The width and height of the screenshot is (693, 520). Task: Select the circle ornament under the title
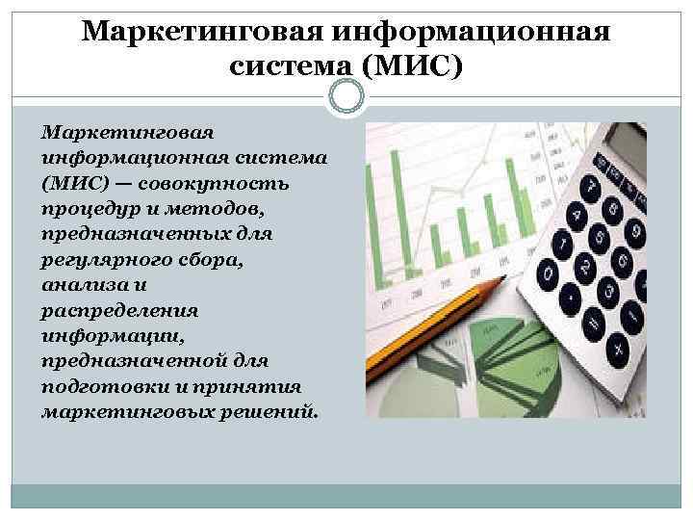point(346,96)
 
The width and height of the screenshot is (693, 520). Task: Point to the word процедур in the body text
point(84,209)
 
